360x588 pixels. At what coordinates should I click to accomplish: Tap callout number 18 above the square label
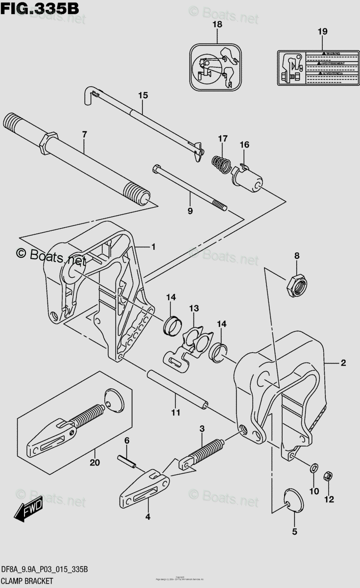point(217,24)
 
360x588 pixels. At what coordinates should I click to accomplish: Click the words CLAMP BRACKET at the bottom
point(34,583)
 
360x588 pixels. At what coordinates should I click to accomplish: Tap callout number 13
point(194,308)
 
